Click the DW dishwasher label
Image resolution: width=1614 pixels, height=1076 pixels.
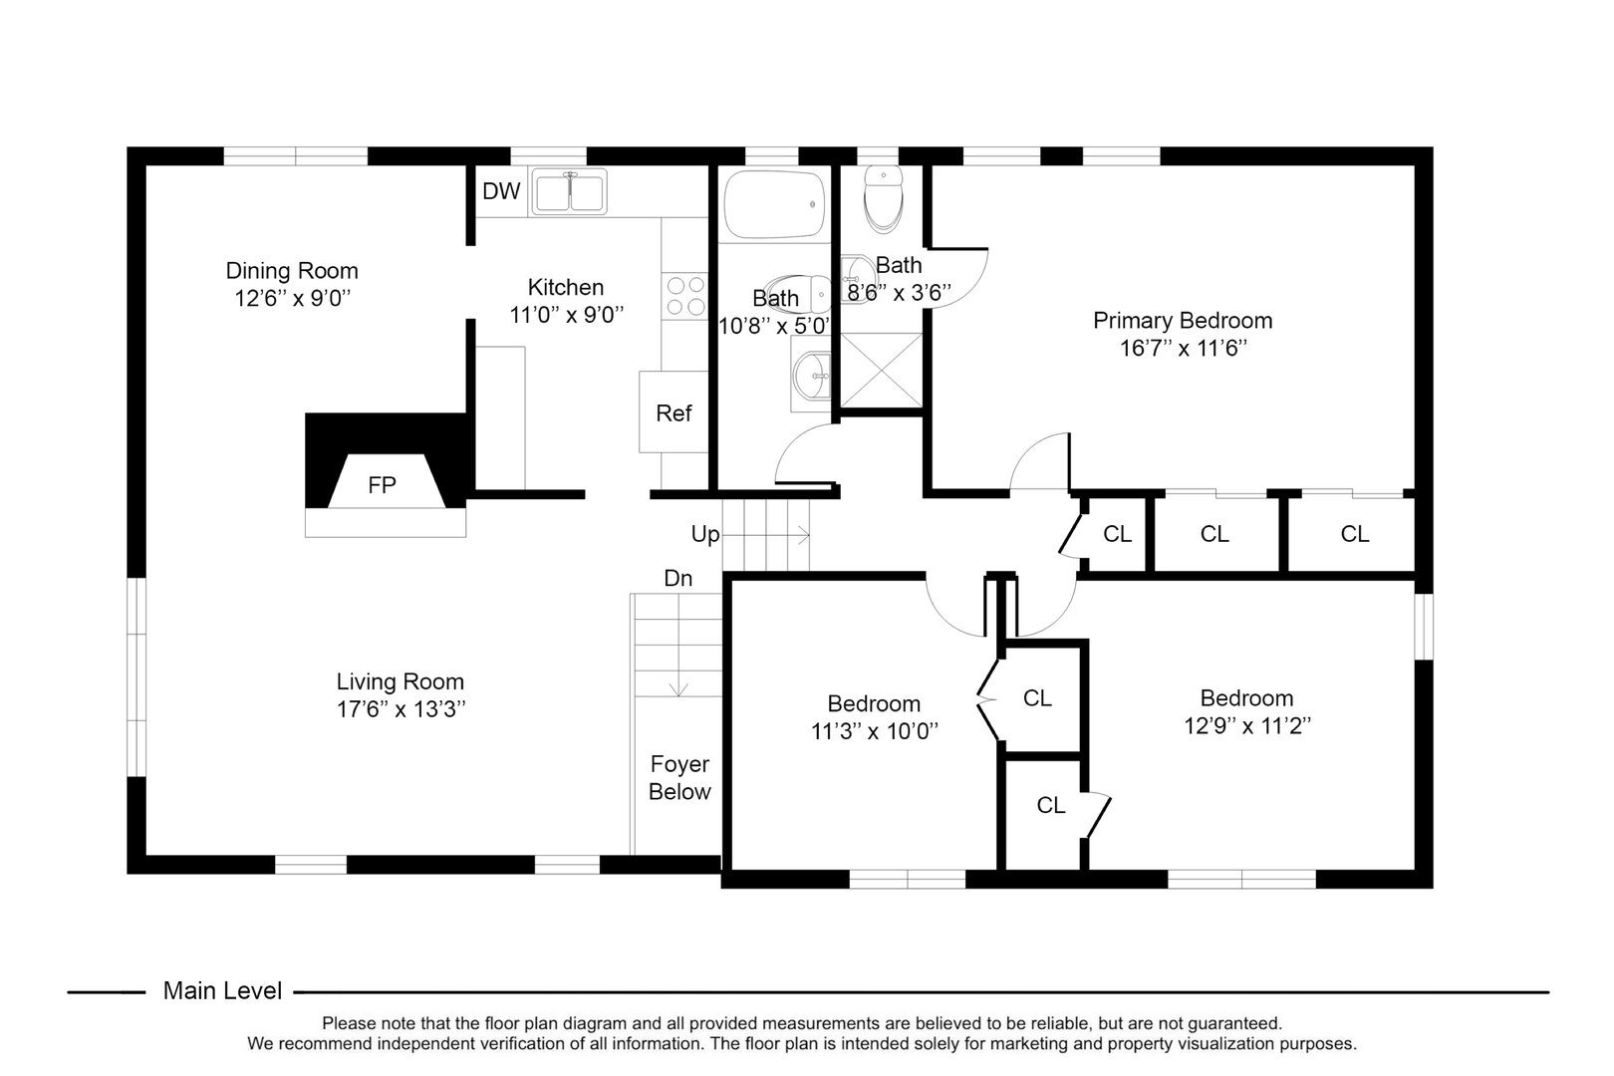click(x=501, y=191)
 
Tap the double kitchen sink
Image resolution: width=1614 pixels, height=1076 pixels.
click(x=568, y=191)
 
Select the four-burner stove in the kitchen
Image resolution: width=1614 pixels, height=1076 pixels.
click(x=684, y=296)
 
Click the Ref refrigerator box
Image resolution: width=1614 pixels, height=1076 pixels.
click(x=673, y=412)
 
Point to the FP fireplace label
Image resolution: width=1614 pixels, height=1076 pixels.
click(x=382, y=485)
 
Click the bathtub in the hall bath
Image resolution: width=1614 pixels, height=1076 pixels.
click(x=773, y=204)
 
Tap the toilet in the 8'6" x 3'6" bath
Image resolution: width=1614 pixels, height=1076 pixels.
click(x=883, y=199)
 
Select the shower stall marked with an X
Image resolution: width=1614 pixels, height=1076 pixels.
click(x=881, y=370)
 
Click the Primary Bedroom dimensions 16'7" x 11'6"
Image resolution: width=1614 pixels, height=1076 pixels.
click(x=1183, y=349)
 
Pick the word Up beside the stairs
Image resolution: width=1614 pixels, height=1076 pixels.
click(x=705, y=535)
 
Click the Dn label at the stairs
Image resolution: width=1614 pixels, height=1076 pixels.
click(x=678, y=579)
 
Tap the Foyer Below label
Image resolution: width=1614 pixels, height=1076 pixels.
click(x=679, y=778)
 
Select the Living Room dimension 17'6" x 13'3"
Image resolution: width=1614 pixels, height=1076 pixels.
click(x=401, y=709)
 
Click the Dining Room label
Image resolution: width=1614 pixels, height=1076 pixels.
click(x=292, y=270)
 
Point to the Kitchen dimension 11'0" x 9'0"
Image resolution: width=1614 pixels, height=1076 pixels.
click(x=566, y=315)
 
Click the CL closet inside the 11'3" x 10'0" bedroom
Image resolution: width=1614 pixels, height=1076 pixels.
click(x=1037, y=698)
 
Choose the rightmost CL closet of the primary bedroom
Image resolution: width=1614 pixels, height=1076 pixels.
click(x=1354, y=534)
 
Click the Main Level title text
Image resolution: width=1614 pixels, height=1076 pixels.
click(x=222, y=991)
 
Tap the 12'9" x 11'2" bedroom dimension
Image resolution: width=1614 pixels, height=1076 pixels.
click(x=1246, y=726)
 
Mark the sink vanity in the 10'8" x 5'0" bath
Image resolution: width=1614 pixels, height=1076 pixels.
click(x=811, y=374)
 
